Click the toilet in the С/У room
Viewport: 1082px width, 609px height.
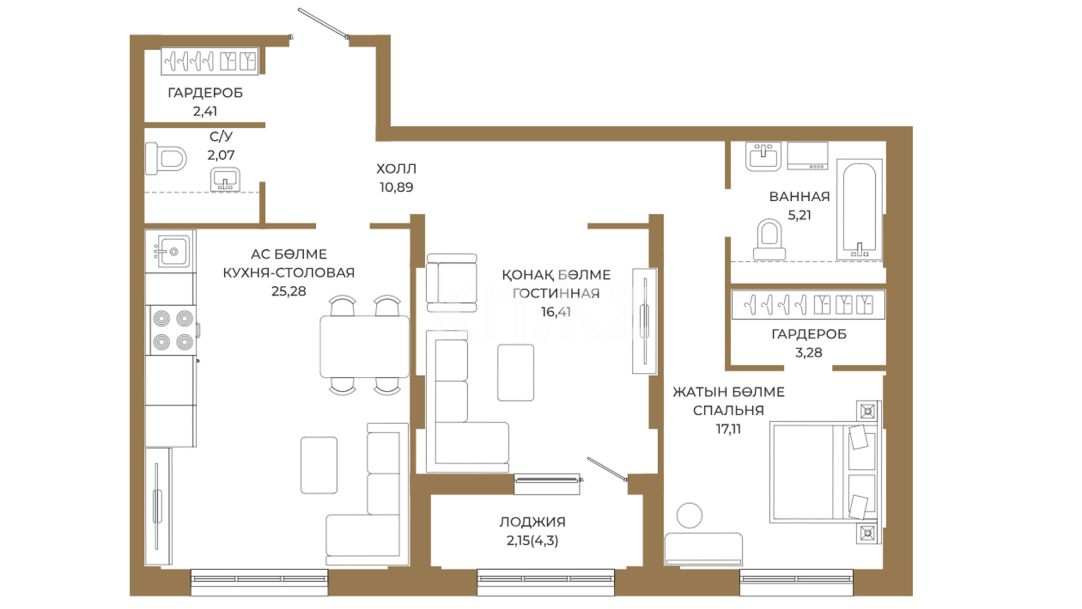click(x=166, y=158)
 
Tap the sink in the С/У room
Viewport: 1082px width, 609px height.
click(x=225, y=180)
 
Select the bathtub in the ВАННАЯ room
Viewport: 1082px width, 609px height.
click(x=859, y=209)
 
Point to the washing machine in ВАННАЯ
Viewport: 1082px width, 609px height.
click(x=808, y=156)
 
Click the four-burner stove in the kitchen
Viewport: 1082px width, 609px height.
click(x=172, y=330)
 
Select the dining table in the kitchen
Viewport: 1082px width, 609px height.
click(x=365, y=347)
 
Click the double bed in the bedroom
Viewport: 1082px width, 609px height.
click(x=824, y=471)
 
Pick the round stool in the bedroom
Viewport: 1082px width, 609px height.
click(x=689, y=515)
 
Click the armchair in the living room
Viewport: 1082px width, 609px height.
click(x=452, y=283)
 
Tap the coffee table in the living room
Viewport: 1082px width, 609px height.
click(x=516, y=373)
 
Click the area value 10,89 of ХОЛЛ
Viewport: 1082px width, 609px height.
click(x=396, y=187)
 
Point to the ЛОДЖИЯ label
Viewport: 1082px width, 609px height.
click(x=533, y=522)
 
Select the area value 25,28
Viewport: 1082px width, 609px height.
click(x=289, y=291)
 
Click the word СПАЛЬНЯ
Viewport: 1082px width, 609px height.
click(x=728, y=411)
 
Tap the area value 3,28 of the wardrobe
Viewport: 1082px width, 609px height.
click(x=809, y=352)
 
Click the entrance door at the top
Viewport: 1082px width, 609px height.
click(x=323, y=23)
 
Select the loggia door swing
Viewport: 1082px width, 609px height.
click(x=607, y=469)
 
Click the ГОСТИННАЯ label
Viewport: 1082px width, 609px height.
click(x=556, y=293)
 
